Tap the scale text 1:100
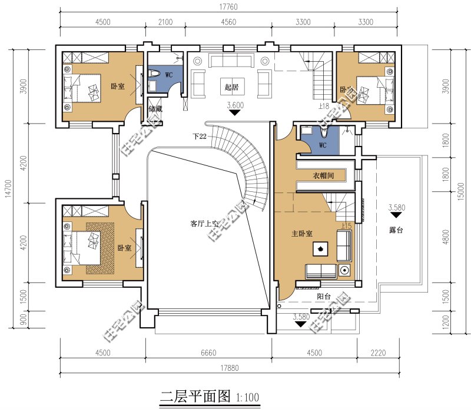[x=247, y=398]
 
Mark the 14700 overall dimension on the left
[x=7, y=188]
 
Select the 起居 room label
[x=231, y=88]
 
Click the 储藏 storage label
[x=155, y=109]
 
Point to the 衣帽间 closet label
[x=323, y=176]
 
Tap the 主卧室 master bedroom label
[x=303, y=234]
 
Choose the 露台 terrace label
[x=396, y=230]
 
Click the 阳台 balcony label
[x=323, y=297]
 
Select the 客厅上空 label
[x=204, y=224]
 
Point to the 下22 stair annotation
[x=200, y=136]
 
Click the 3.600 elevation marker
[x=234, y=107]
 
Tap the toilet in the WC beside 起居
[x=154, y=74]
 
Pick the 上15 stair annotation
[x=347, y=225]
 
